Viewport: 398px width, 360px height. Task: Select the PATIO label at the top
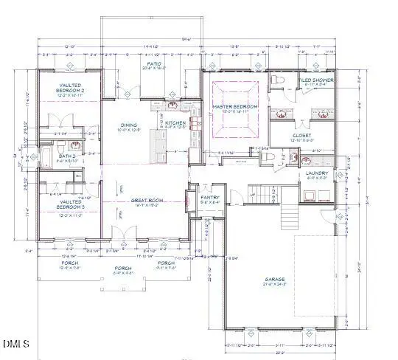[153, 65]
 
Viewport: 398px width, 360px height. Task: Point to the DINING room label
[130, 125]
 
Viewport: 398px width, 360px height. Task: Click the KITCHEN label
[175, 122]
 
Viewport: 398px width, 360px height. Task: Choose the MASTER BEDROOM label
[235, 107]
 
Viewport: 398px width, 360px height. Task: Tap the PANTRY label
[209, 197]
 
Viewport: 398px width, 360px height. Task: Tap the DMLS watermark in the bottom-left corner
[16, 343]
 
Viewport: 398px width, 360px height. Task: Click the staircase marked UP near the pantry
[261, 194]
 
